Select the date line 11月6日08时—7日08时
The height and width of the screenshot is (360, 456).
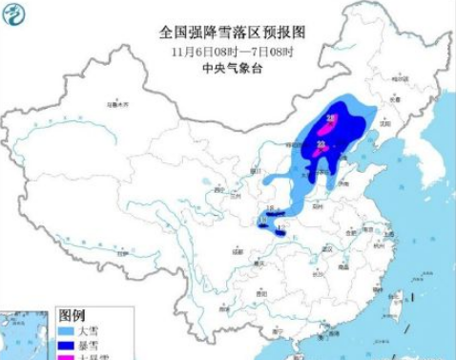229,51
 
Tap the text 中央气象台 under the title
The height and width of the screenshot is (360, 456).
229,69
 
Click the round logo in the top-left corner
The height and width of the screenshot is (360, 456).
17,16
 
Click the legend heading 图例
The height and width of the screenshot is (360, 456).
73,314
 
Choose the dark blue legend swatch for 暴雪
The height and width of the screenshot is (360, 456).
69,343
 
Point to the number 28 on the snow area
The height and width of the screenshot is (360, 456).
331,118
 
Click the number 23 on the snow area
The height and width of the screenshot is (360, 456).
321,143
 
